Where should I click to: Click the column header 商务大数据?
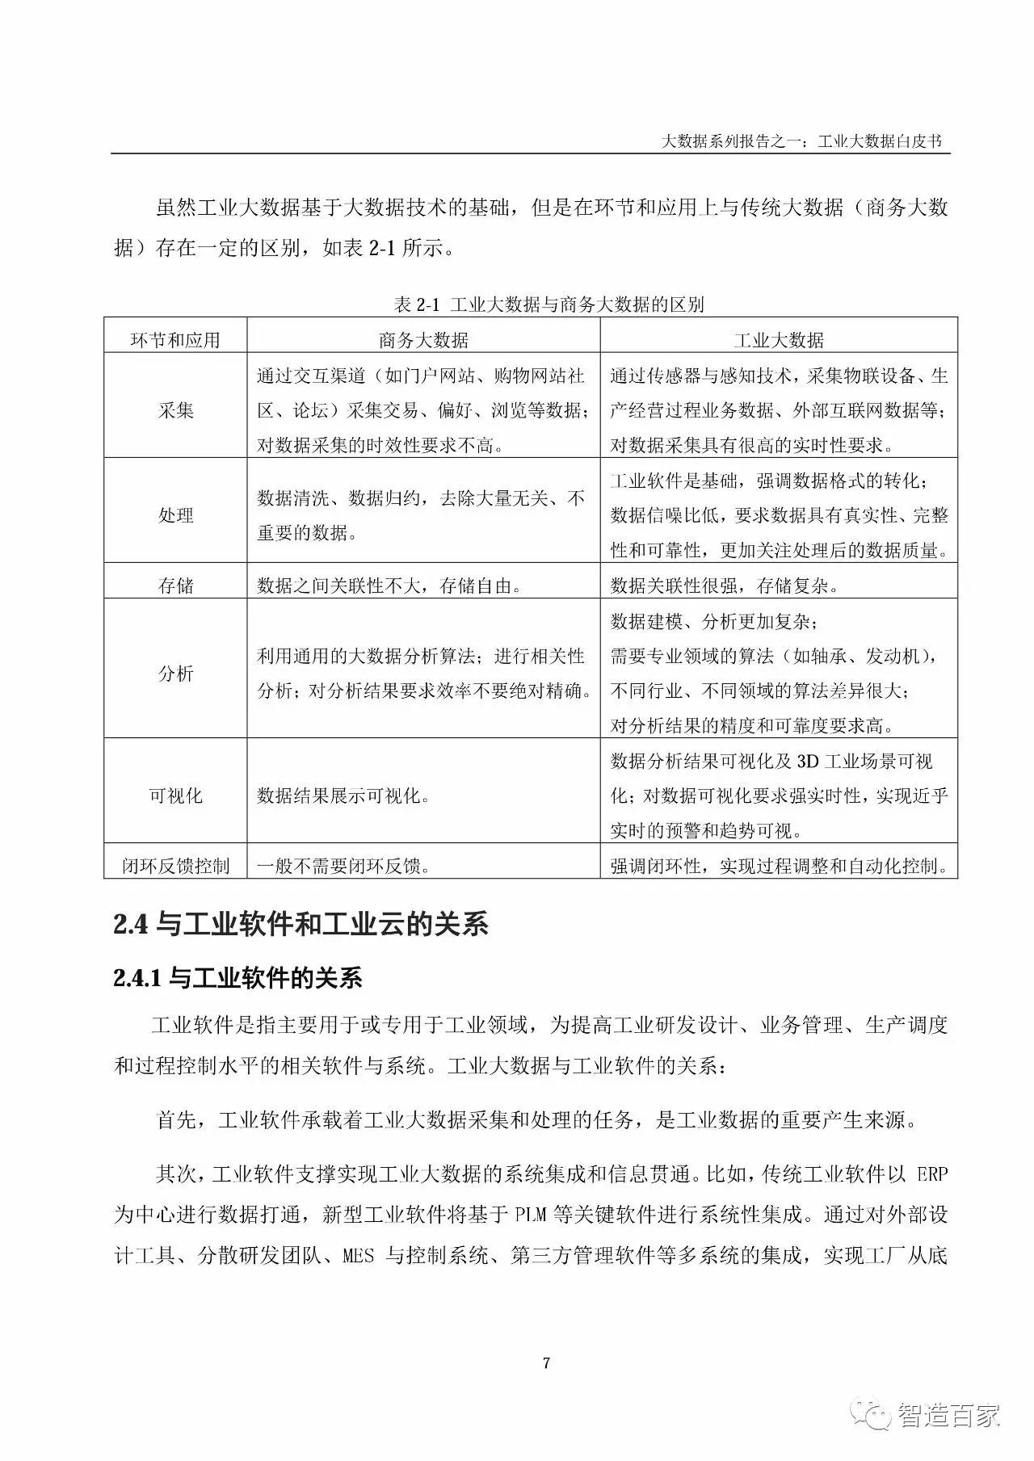pyautogui.click(x=423, y=340)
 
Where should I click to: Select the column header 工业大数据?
pyautogui.click(x=778, y=340)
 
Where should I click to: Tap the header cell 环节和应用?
pyautogui.click(x=175, y=340)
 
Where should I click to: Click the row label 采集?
pyautogui.click(x=175, y=410)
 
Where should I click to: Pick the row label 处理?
pyautogui.click(x=175, y=515)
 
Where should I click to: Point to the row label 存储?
pyautogui.click(x=175, y=586)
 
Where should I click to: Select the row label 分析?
pyautogui.click(x=175, y=673)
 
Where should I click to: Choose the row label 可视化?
pyautogui.click(x=175, y=796)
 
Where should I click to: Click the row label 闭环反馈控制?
pyautogui.click(x=175, y=867)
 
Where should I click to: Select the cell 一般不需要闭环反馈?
pyautogui.click(x=343, y=867)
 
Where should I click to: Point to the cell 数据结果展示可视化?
pyautogui.click(x=343, y=796)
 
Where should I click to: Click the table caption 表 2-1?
pyautogui.click(x=415, y=304)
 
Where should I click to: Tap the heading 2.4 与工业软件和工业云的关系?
pyautogui.click(x=301, y=925)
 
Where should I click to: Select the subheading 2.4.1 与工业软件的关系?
pyautogui.click(x=238, y=979)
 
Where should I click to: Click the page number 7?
pyautogui.click(x=547, y=1363)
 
